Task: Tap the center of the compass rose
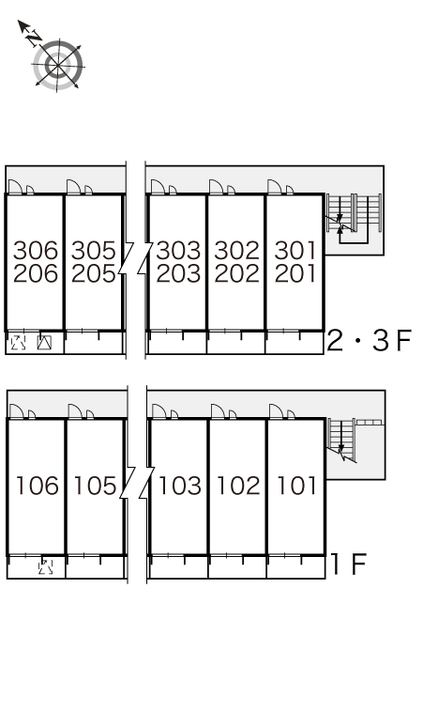pyautogui.click(x=58, y=66)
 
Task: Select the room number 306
pyautogui.click(x=36, y=251)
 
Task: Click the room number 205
pyautogui.click(x=94, y=273)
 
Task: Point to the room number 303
pyautogui.click(x=178, y=251)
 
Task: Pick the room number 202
pyautogui.click(x=237, y=273)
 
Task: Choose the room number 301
pyautogui.click(x=295, y=251)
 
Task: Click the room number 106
pyautogui.click(x=38, y=486)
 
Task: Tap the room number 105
pyautogui.click(x=96, y=486)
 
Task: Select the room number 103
pyautogui.click(x=180, y=486)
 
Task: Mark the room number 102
pyautogui.click(x=238, y=486)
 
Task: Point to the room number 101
pyautogui.click(x=296, y=486)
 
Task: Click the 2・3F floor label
pyautogui.click(x=370, y=341)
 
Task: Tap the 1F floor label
pyautogui.click(x=348, y=564)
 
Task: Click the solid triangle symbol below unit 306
pyautogui.click(x=44, y=343)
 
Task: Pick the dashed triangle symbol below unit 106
pyautogui.click(x=45, y=566)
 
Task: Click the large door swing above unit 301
pyautogui.click(x=275, y=187)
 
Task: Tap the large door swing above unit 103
pyautogui.click(x=159, y=411)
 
